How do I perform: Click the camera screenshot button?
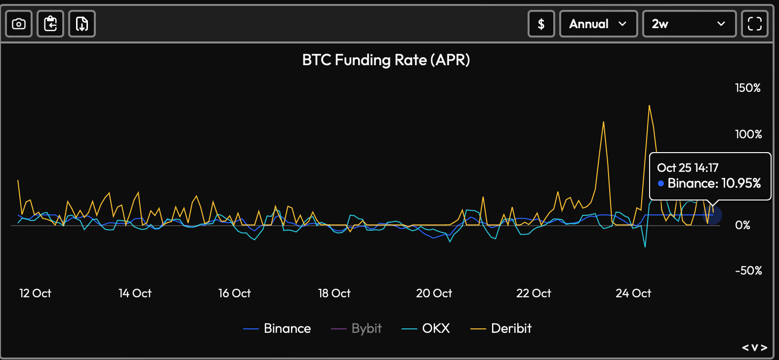pyautogui.click(x=19, y=24)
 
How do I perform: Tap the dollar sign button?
pyautogui.click(x=541, y=24)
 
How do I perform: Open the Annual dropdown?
pyautogui.click(x=598, y=24)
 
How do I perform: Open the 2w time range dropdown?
pyautogui.click(x=689, y=24)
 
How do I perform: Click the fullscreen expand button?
pyautogui.click(x=755, y=24)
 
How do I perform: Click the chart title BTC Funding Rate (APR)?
pyautogui.click(x=386, y=60)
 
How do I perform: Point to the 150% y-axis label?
pyautogui.click(x=747, y=88)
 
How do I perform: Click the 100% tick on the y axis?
pyautogui.click(x=748, y=134)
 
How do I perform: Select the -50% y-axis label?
pyautogui.click(x=748, y=271)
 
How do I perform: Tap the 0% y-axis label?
pyautogui.click(x=742, y=225)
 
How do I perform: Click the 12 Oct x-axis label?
pyautogui.click(x=35, y=293)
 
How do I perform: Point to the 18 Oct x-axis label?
pyautogui.click(x=334, y=293)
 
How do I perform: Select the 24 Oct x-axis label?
pyautogui.click(x=633, y=293)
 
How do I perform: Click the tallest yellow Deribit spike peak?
pyautogui.click(x=649, y=106)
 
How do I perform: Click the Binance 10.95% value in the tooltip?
pyautogui.click(x=714, y=183)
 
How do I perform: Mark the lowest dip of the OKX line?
pyautogui.click(x=645, y=246)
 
